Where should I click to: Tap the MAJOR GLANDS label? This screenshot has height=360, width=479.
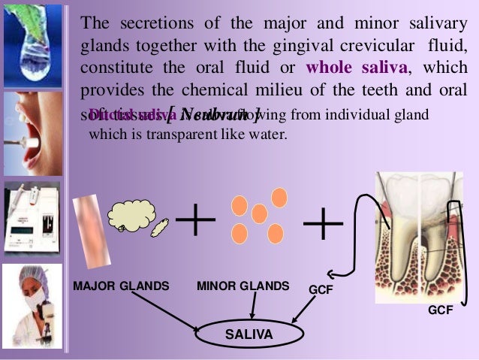pyautogui.click(x=121, y=286)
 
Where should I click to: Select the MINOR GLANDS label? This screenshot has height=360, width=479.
pyautogui.click(x=243, y=286)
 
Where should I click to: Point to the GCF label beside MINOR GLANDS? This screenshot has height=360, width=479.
pyautogui.click(x=321, y=289)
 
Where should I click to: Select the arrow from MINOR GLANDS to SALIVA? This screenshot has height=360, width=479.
pyautogui.click(x=254, y=307)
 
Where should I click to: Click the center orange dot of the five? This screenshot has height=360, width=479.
pyautogui.click(x=259, y=214)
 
